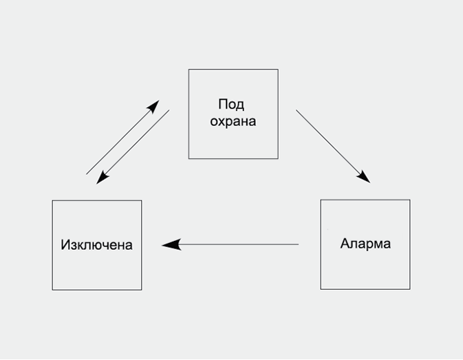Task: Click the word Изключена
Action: tap(96, 245)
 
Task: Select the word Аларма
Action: tap(365, 244)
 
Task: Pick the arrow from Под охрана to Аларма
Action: tap(332, 145)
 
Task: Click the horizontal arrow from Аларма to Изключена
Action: tap(230, 244)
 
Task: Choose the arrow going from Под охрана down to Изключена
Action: tap(133, 147)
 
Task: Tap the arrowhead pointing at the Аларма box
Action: tap(365, 177)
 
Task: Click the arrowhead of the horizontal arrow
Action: tap(170, 244)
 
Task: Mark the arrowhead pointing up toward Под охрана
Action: tap(153, 106)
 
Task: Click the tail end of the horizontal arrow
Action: tap(297, 244)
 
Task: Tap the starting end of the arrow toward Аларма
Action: tap(298, 111)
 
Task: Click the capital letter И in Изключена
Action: tap(65, 245)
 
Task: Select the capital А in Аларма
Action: tap(345, 244)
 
